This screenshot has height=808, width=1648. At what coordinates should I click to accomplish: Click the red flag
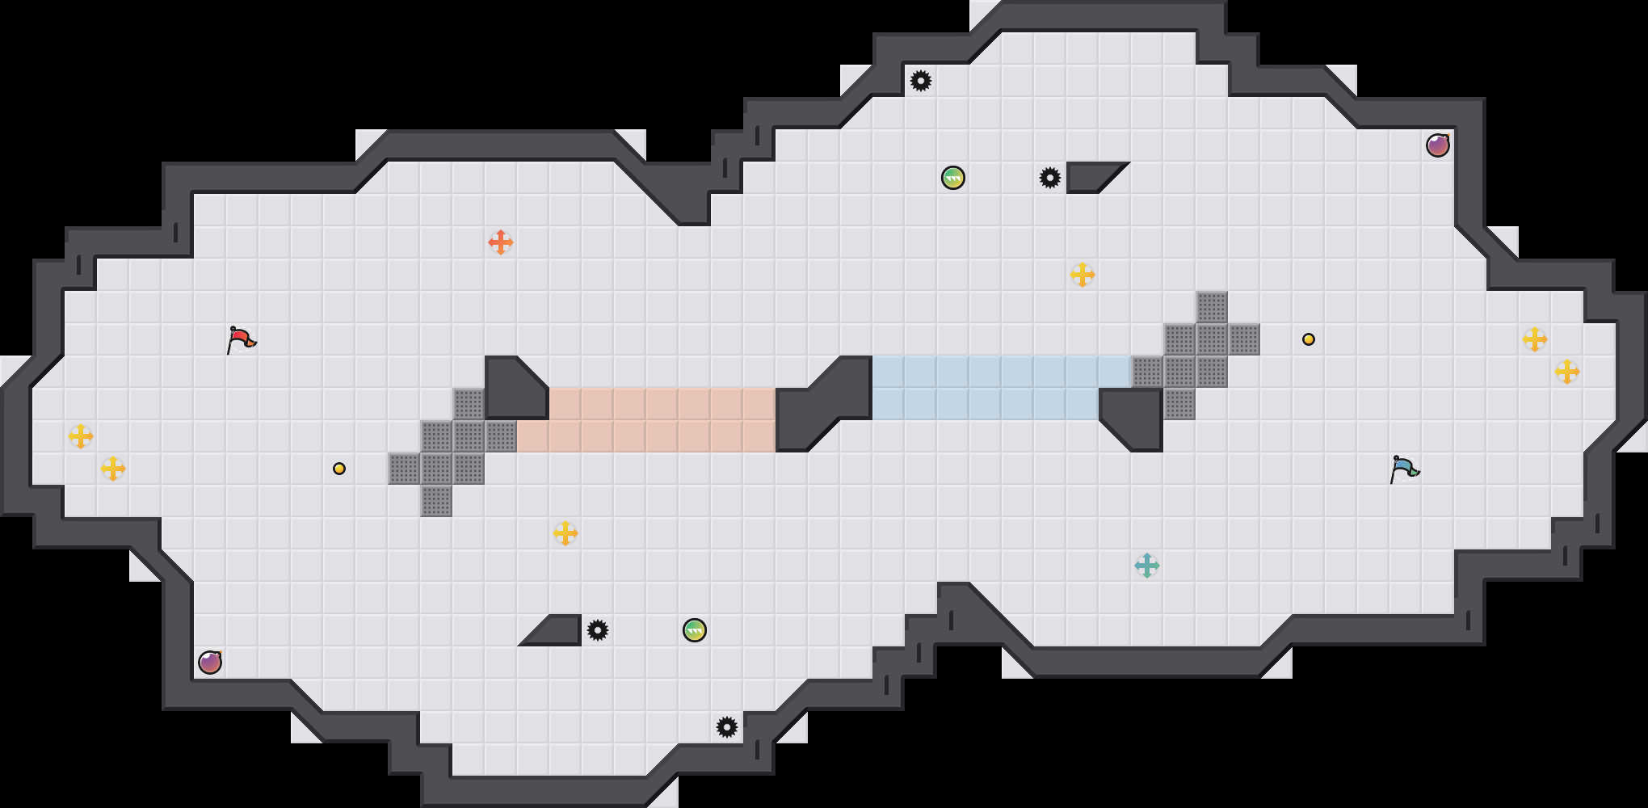pos(241,339)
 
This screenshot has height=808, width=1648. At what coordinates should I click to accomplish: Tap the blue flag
pos(1404,468)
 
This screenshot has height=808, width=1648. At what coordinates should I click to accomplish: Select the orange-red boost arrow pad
pos(501,242)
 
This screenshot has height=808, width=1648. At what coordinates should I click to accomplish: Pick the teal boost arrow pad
pos(1147,566)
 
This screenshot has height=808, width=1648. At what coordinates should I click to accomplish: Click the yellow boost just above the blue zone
pos(1083,275)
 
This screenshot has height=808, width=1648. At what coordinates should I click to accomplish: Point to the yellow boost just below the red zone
pos(565,533)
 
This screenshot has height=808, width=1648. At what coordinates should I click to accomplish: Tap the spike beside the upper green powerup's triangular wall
pos(1050,178)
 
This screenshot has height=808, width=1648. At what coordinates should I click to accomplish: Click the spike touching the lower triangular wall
pos(598,630)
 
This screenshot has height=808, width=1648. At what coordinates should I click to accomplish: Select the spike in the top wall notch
pos(921,81)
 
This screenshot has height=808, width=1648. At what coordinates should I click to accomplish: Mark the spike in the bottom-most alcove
pos(727,727)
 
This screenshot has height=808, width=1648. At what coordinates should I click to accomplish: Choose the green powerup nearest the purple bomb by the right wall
pos(953,178)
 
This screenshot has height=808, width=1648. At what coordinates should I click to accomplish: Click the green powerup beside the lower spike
pos(695,630)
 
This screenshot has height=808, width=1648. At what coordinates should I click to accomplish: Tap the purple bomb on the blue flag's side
pos(1438,145)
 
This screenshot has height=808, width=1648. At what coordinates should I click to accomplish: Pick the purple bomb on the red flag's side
pos(210,663)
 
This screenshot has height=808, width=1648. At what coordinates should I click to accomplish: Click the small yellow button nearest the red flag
pos(339,469)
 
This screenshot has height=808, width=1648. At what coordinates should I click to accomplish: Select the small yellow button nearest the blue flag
pos(1309,339)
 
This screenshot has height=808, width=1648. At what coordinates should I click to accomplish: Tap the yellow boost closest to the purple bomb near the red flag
pos(113,469)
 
